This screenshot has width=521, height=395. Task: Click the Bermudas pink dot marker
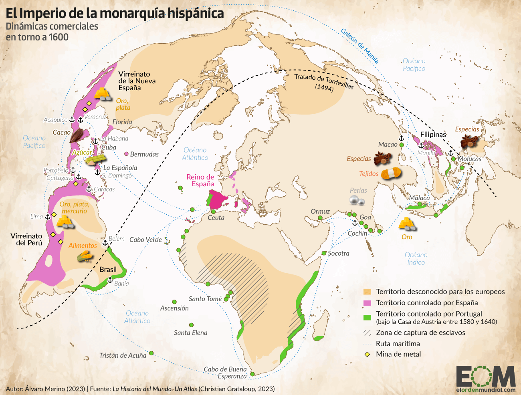click(x=127, y=154)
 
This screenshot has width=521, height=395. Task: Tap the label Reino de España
click(x=200, y=180)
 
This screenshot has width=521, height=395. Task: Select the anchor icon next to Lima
click(x=48, y=217)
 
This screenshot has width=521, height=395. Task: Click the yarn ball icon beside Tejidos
click(x=390, y=173)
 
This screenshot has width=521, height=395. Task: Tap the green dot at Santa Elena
click(x=191, y=325)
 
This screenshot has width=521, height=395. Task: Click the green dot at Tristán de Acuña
click(x=151, y=353)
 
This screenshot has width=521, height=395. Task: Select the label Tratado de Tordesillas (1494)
click(x=324, y=82)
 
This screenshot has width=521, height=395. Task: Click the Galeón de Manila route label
click(x=359, y=46)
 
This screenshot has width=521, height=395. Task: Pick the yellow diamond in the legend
click(x=367, y=355)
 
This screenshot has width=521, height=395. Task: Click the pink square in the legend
click(x=367, y=303)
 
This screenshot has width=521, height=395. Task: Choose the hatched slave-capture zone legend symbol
click(x=367, y=333)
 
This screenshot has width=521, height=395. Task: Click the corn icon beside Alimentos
click(x=85, y=256)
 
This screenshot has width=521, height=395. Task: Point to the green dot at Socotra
click(x=324, y=253)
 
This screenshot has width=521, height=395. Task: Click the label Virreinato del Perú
click(x=26, y=240)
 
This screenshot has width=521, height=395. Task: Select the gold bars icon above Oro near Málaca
click(x=407, y=224)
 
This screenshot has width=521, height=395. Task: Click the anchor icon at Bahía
click(x=110, y=280)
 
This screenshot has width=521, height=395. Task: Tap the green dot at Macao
click(x=402, y=145)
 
